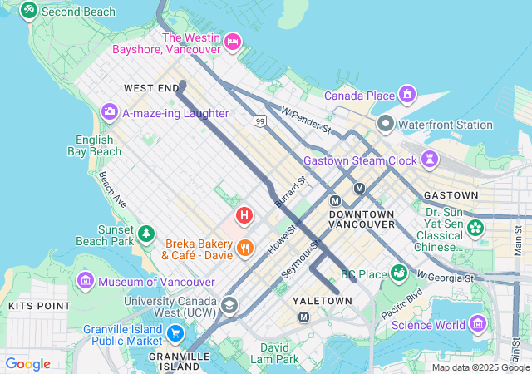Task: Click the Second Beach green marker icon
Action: tap(29, 10)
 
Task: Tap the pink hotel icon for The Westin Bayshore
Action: tap(233, 41)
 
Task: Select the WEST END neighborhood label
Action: tap(151, 87)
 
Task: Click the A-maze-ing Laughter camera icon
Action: tap(109, 111)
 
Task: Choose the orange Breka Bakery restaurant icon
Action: tap(244, 247)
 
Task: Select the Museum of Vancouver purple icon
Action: tap(86, 281)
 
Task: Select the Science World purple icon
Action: tap(478, 324)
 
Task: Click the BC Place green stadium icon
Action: tap(399, 272)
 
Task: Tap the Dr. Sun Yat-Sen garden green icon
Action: tap(475, 226)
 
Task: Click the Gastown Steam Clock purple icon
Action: tap(431, 158)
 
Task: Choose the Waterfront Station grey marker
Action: tap(385, 125)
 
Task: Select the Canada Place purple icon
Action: tap(406, 94)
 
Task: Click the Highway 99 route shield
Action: tap(260, 121)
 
